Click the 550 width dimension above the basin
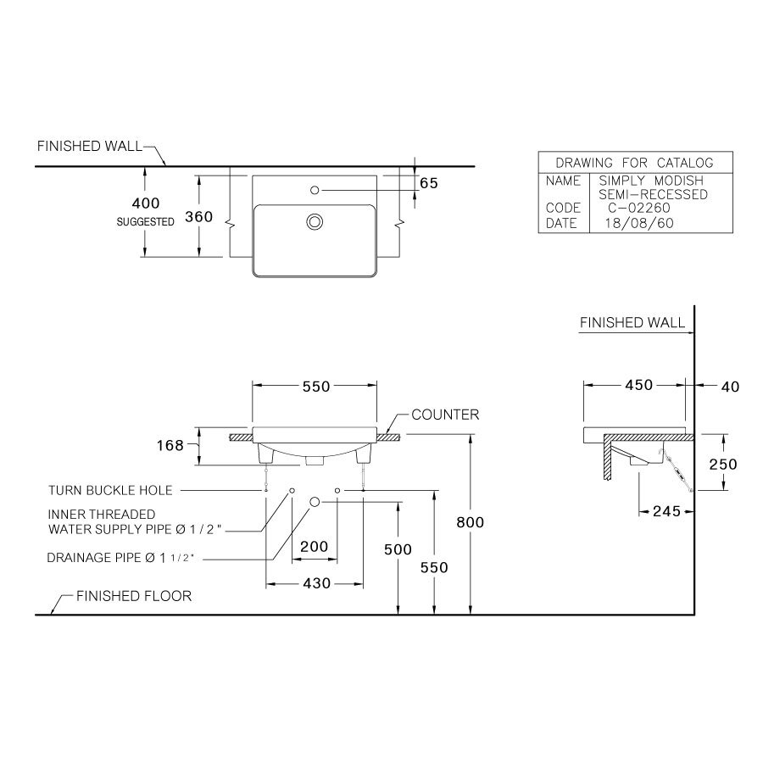(x=315, y=386)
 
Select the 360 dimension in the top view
(x=198, y=216)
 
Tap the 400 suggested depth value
(x=145, y=203)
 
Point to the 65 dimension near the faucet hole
(x=428, y=183)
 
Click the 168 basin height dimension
(x=170, y=445)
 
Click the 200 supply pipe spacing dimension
(x=315, y=547)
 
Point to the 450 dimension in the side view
(x=638, y=386)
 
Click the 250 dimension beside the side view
(x=723, y=464)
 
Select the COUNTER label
(x=445, y=415)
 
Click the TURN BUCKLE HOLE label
(x=110, y=490)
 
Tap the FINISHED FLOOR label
(x=134, y=596)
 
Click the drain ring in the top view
(x=315, y=222)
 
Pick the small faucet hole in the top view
(x=315, y=190)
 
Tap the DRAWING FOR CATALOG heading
(x=634, y=163)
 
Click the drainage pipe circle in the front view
(x=315, y=503)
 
